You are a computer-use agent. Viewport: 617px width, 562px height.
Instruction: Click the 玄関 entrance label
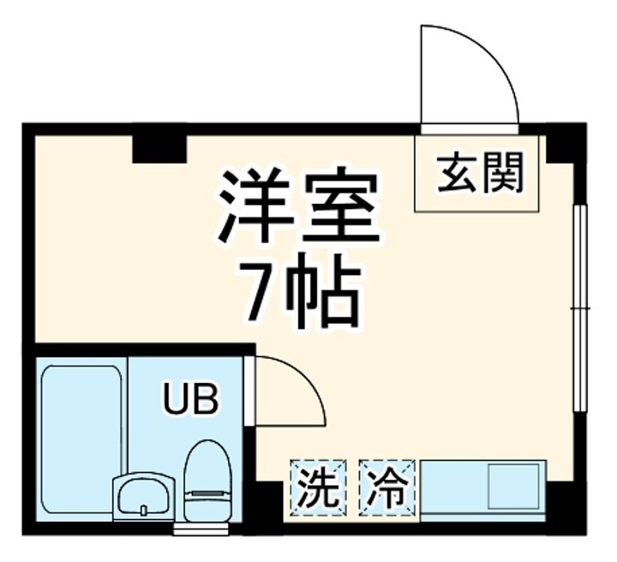(480, 175)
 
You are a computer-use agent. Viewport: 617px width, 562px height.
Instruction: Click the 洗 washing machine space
(318, 487)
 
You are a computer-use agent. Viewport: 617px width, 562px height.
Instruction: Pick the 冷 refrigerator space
(386, 487)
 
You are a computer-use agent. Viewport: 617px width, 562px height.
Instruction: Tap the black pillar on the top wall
(159, 147)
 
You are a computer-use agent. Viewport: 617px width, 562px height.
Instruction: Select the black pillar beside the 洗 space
(267, 505)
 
